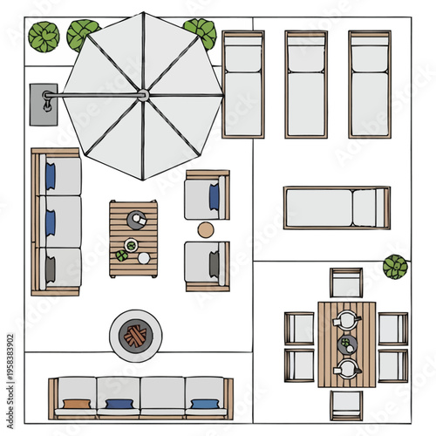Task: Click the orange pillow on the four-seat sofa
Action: [76, 404]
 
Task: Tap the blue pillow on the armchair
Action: [215, 197]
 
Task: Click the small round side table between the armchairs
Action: [206, 230]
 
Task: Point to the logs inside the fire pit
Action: [134, 336]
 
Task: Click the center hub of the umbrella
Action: [143, 94]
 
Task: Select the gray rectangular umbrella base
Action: [43, 104]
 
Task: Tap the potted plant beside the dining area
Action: [395, 266]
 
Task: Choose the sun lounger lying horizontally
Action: [336, 208]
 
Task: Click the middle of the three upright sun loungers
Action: [306, 85]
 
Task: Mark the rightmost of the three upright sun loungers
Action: [370, 85]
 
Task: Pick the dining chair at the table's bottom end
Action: [346, 404]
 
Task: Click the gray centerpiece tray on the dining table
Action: [347, 344]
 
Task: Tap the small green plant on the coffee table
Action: [122, 255]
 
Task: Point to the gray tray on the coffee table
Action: [138, 220]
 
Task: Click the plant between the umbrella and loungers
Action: [201, 32]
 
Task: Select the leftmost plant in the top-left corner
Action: [44, 37]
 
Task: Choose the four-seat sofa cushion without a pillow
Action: [162, 396]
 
